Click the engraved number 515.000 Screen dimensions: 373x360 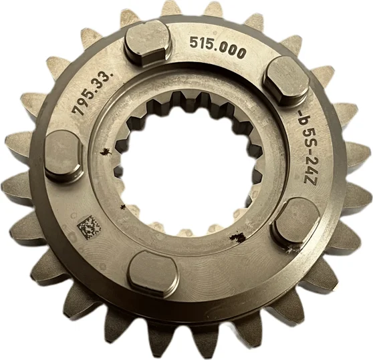tap(217, 47)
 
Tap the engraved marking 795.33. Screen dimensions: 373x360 tap(92, 94)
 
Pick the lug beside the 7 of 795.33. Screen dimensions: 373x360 tap(64, 157)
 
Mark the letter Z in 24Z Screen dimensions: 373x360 tap(310, 177)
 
